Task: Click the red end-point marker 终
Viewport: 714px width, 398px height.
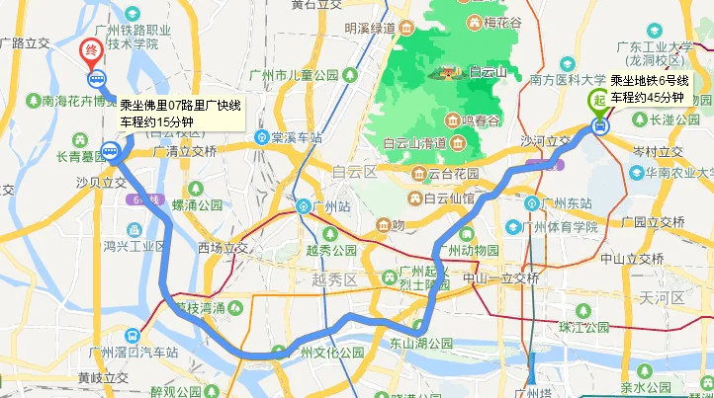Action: click(91, 50)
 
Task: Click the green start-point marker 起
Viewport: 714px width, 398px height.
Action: click(598, 98)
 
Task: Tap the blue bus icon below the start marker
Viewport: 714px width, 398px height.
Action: click(599, 125)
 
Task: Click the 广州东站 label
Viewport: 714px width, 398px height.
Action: click(566, 204)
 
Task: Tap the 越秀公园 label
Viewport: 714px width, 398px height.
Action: click(331, 251)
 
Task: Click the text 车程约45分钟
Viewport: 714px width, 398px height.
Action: click(647, 97)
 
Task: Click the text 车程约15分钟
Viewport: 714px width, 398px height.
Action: click(156, 121)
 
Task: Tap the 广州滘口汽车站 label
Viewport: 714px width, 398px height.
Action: click(133, 353)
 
